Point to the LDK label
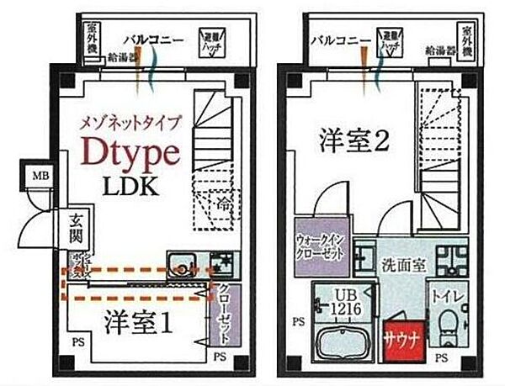[130, 186]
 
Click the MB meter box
[39, 177]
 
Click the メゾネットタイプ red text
[130, 121]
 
